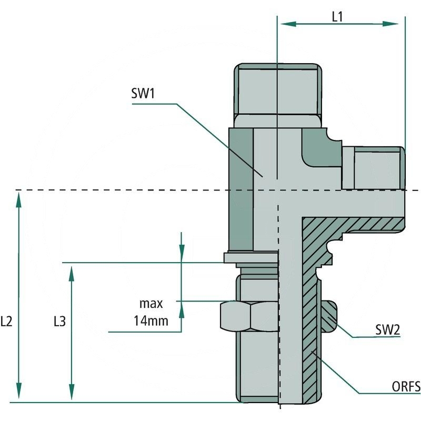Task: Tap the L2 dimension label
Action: (x=7, y=322)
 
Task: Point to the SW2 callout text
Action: (x=388, y=330)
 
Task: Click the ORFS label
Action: (x=406, y=388)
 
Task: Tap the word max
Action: (x=151, y=304)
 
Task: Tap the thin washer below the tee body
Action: (x=250, y=258)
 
